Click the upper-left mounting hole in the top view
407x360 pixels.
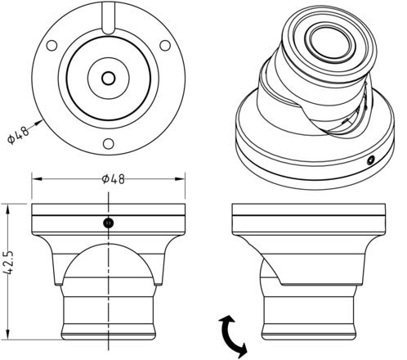tap(51, 45)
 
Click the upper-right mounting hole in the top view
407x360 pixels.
tap(165, 45)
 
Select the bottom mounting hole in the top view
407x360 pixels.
tap(109, 144)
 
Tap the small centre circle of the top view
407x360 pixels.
tap(109, 79)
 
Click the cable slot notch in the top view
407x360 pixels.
tap(109, 19)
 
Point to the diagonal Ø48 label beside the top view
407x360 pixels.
tap(18, 135)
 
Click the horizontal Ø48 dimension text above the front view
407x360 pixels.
tap(114, 179)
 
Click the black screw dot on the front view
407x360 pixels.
tap(109, 223)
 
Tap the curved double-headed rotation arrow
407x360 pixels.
tap(232, 336)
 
